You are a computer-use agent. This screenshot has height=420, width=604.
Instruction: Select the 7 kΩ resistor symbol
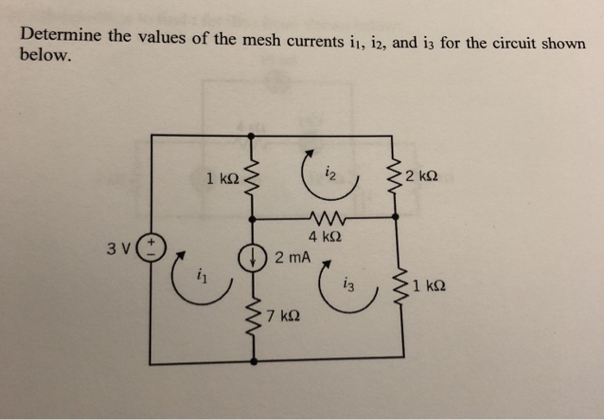pyautogui.click(x=251, y=312)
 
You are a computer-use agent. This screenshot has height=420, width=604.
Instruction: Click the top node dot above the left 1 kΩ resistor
pyautogui.click(x=251, y=135)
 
